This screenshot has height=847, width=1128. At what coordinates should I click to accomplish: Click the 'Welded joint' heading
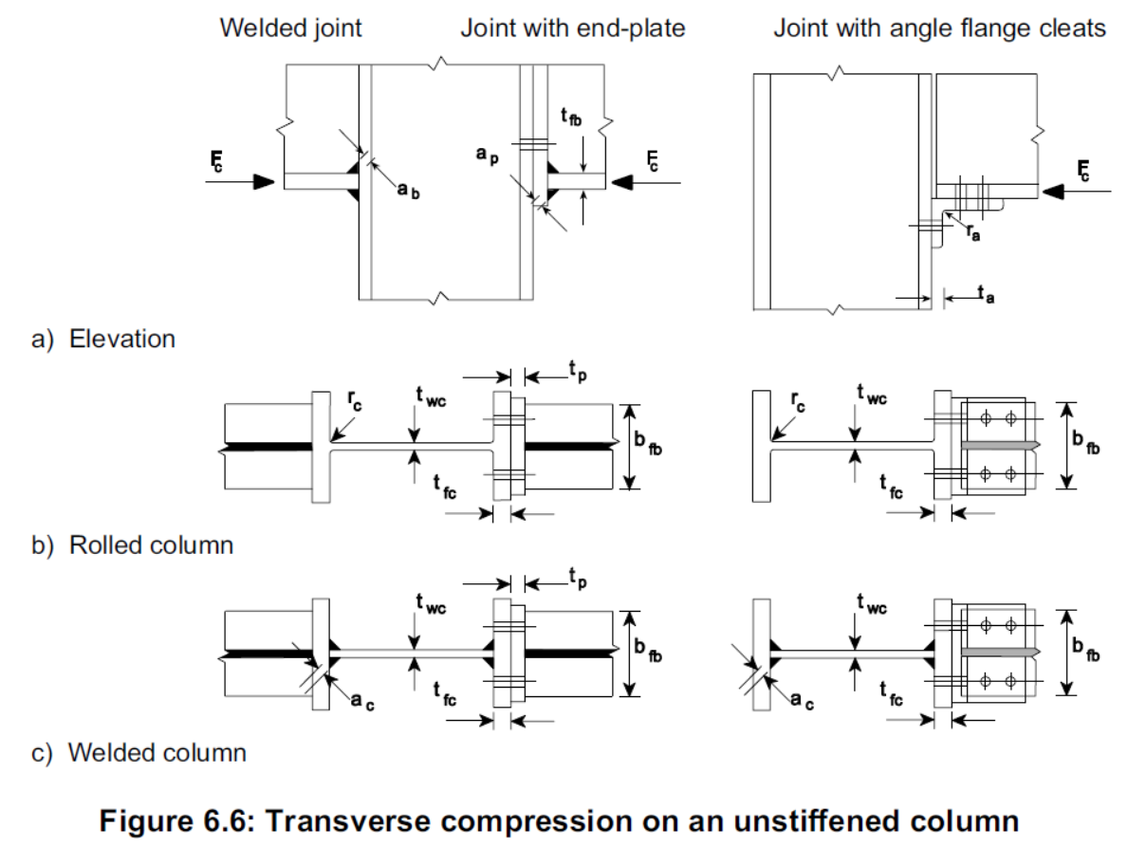pyautogui.click(x=290, y=28)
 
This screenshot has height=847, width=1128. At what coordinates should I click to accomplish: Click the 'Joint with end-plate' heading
pyautogui.click(x=572, y=28)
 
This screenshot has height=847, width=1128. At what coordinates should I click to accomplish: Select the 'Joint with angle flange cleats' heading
pyautogui.click(x=939, y=28)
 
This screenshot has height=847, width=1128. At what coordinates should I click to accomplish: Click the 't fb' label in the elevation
pyautogui.click(x=570, y=118)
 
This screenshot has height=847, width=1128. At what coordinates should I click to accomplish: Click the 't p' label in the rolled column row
pyautogui.click(x=576, y=376)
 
